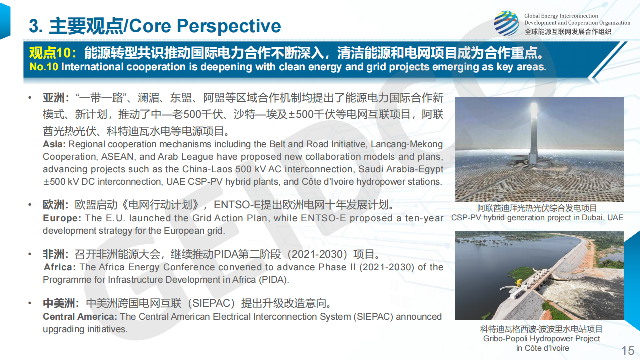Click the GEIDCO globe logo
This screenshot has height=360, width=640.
click(x=506, y=23)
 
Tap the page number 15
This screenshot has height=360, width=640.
click(x=628, y=351)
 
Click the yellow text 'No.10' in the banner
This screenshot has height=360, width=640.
click(x=44, y=67)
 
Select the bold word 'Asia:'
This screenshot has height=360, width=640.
click(x=54, y=144)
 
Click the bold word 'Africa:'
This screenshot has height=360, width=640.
click(x=59, y=267)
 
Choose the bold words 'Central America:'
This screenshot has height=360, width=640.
click(x=80, y=317)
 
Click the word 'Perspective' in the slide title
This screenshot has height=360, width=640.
click(x=229, y=26)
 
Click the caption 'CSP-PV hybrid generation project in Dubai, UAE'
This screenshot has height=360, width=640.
click(x=537, y=218)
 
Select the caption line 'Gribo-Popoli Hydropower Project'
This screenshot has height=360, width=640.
click(x=541, y=339)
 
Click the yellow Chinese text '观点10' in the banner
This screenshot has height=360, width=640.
click(x=50, y=53)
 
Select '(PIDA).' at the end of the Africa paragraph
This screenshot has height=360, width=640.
click(x=274, y=280)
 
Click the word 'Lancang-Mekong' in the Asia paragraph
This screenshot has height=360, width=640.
click(x=407, y=145)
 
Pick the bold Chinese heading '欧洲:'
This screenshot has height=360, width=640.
click(x=56, y=205)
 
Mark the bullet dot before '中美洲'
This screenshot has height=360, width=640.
click(x=30, y=303)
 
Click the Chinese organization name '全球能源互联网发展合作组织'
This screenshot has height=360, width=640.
click(x=568, y=32)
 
